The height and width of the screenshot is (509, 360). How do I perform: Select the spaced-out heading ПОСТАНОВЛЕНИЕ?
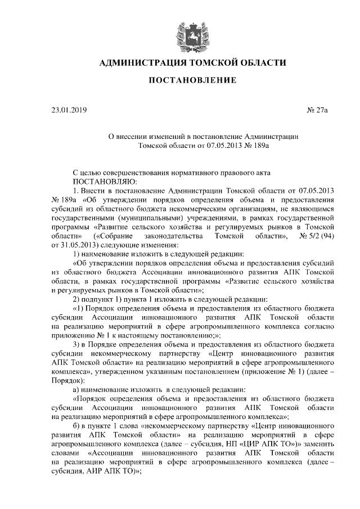[188, 81]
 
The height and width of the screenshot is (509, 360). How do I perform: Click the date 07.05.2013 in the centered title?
[214, 146]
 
